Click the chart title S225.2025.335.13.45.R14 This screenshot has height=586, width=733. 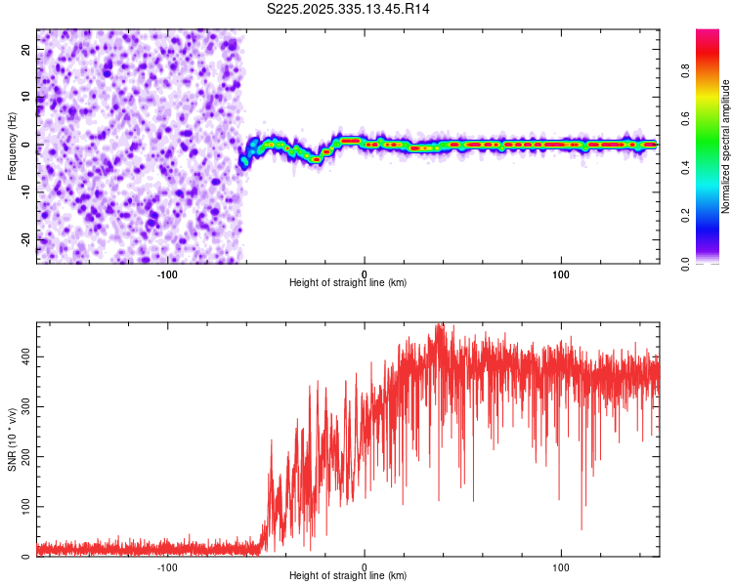click(x=349, y=9)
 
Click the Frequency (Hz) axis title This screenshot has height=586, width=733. click(x=12, y=146)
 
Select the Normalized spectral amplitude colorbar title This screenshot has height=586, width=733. click(x=726, y=146)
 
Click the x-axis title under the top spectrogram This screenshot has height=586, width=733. click(x=348, y=282)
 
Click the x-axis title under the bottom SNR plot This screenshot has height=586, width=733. click(x=348, y=575)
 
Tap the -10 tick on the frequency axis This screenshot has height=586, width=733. click(x=26, y=192)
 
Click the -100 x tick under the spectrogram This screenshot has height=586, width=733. click(x=167, y=274)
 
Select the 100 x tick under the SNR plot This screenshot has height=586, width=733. click(x=561, y=567)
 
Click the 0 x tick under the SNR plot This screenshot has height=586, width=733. click(x=365, y=567)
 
